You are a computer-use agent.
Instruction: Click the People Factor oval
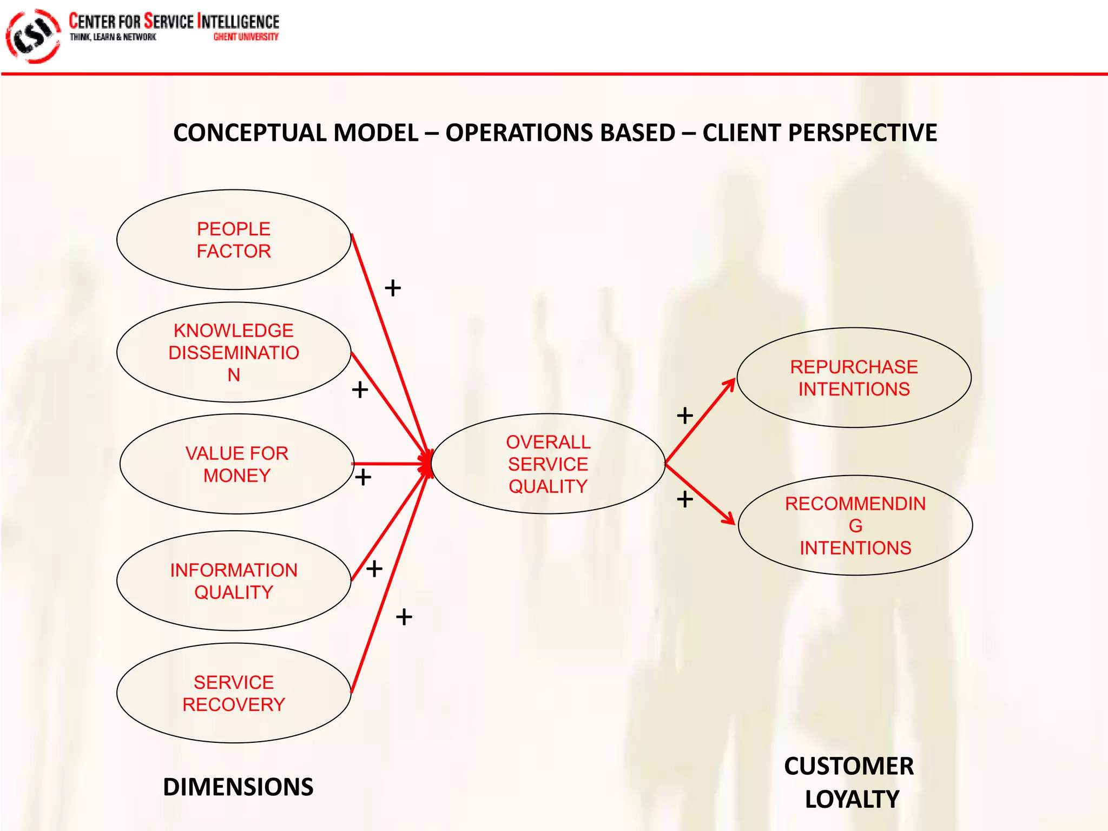pos(234,240)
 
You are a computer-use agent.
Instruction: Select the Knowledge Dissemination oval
pos(234,352)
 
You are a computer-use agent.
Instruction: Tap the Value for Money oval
pos(237,464)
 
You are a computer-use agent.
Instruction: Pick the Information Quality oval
pos(234,581)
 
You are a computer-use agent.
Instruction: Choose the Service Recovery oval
pos(234,693)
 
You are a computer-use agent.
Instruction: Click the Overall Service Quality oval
pos(548,464)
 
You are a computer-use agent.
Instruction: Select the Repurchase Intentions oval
pos(854,378)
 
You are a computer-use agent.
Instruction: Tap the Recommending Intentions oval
pos(855,525)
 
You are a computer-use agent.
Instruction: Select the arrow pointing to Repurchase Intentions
pos(701,421)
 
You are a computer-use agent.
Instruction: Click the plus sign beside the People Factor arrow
pos(393,288)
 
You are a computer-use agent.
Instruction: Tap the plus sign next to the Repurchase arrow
pos(685,415)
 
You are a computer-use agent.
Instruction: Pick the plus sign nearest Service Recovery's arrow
pos(404,617)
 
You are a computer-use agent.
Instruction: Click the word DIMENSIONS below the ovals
pos(238,787)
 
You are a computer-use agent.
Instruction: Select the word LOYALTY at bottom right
pos(852,799)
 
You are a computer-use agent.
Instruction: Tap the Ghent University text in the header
pos(246,37)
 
